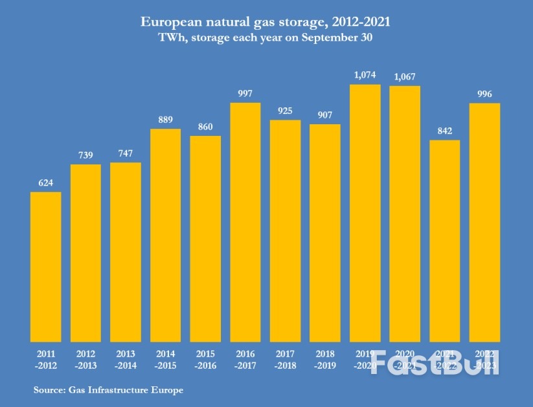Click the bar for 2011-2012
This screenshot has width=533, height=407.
click(46, 267)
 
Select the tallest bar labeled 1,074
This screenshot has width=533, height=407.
click(365, 213)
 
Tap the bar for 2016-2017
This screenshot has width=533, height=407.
click(245, 222)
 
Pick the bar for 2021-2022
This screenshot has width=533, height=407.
click(445, 241)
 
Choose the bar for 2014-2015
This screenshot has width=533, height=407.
click(165, 235)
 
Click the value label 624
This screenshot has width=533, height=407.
click(46, 183)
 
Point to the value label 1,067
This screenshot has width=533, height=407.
click(405, 77)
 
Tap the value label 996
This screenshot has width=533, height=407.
click(484, 94)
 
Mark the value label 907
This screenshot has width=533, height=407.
click(325, 116)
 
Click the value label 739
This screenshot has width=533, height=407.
click(85, 155)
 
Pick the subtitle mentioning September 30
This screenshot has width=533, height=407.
click(266, 38)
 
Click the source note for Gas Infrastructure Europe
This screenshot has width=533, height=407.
click(108, 390)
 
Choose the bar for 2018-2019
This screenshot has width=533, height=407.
click(325, 233)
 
